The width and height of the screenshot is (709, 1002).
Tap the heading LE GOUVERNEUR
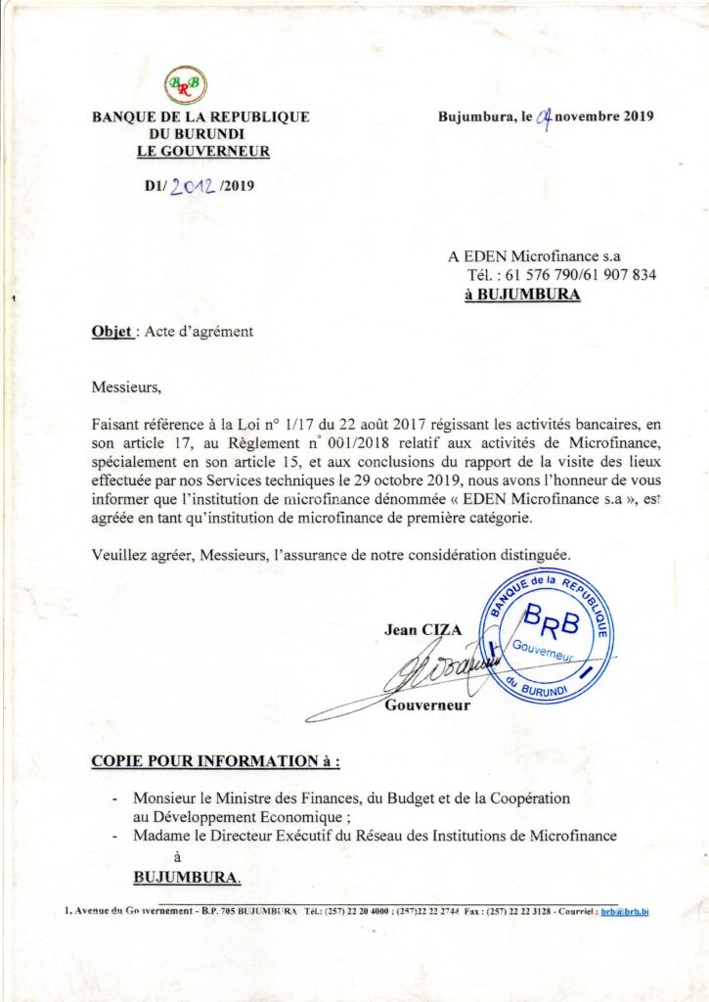[x=202, y=151]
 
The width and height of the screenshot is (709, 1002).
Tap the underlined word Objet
[x=112, y=331]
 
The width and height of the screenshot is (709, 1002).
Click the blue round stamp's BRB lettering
[x=552, y=619]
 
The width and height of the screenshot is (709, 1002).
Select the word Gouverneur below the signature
[x=426, y=705]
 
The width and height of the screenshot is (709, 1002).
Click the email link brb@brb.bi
[x=625, y=911]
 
